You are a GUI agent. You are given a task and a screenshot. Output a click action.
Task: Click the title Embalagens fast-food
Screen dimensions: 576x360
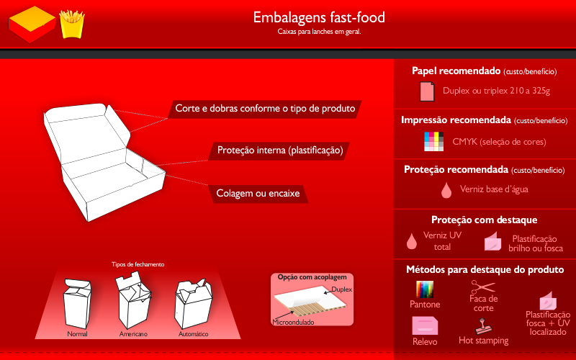click(319, 17)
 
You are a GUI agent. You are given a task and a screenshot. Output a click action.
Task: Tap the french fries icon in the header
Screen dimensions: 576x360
click(72, 24)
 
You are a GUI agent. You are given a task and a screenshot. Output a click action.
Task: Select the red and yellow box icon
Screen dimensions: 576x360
click(32, 24)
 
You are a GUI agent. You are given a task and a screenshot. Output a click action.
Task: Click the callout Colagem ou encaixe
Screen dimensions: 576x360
click(258, 194)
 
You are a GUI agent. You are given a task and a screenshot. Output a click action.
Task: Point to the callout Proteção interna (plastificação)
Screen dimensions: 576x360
click(280, 150)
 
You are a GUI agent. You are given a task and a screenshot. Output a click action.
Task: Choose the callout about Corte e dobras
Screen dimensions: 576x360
click(265, 109)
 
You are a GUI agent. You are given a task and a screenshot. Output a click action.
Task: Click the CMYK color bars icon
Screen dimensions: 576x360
click(433, 142)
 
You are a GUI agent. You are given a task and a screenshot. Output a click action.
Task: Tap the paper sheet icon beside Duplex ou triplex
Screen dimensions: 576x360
click(427, 91)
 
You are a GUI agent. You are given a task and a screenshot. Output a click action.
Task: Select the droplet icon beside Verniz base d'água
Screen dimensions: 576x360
click(446, 190)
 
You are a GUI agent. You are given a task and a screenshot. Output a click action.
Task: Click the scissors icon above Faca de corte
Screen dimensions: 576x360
click(483, 287)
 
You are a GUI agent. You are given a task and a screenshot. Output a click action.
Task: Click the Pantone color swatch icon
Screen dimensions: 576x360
click(425, 289)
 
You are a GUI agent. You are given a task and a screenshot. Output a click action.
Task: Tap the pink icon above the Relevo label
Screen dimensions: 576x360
click(425, 325)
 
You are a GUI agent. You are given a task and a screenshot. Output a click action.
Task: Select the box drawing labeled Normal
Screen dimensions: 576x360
click(77, 304)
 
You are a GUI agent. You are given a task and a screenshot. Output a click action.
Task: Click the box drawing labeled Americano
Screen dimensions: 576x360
click(133, 300)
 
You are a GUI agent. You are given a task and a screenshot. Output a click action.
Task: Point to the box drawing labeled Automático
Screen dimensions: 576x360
click(193, 303)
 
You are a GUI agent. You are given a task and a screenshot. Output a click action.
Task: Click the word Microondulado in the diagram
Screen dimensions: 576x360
click(293, 323)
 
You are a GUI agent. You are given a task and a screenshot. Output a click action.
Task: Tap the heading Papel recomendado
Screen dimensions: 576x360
click(456, 71)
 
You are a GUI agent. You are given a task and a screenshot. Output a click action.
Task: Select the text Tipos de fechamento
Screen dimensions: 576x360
click(138, 264)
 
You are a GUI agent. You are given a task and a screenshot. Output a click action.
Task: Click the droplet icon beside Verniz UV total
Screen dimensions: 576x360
click(412, 241)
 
